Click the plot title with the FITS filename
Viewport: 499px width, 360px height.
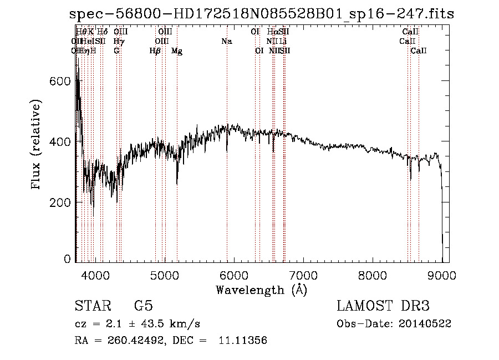coord(262,14)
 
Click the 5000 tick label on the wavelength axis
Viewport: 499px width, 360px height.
coord(164,275)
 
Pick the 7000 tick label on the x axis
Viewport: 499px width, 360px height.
coord(303,275)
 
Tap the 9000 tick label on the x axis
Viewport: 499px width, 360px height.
coord(441,275)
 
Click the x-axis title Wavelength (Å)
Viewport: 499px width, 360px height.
coord(261,290)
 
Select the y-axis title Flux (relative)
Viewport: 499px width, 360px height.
coord(37,145)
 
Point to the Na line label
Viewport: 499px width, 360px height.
coord(226,42)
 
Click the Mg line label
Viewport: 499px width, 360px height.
coord(177,51)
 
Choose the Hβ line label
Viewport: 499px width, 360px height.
coord(155,51)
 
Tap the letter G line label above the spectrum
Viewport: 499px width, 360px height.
coord(116,51)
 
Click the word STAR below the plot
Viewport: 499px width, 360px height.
coord(93,306)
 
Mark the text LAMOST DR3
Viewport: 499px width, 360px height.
coord(383,306)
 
